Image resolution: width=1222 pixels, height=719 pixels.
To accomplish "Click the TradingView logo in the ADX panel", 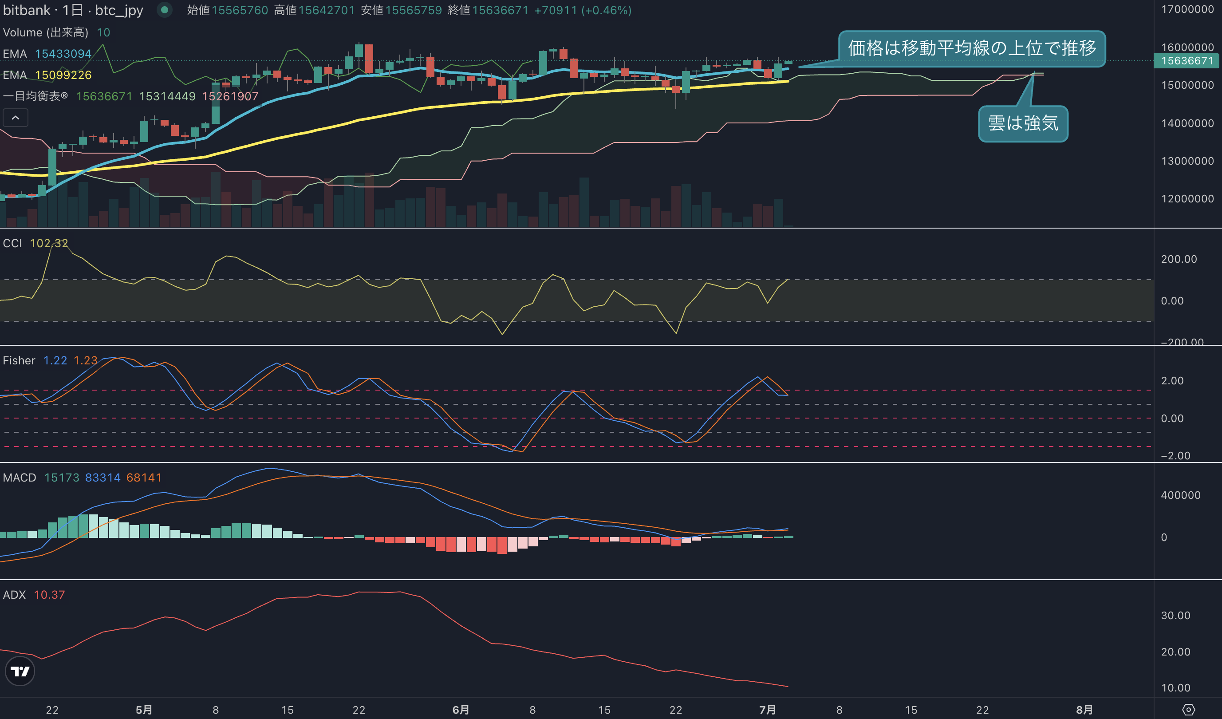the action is pyautogui.click(x=20, y=671).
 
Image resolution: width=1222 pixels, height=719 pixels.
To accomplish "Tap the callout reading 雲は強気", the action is pyautogui.click(x=1023, y=124).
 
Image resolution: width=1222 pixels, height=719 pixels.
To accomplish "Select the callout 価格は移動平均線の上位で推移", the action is pyautogui.click(x=972, y=48).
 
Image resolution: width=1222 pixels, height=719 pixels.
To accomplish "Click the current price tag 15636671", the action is pyautogui.click(x=1187, y=61).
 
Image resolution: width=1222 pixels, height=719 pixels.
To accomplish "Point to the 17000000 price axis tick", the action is pyautogui.click(x=1187, y=9).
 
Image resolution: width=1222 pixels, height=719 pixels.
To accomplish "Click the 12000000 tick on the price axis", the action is pyautogui.click(x=1187, y=198).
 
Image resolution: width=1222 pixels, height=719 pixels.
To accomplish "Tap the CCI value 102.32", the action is pyautogui.click(x=49, y=243).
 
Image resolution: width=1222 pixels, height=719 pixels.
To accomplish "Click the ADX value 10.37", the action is pyautogui.click(x=49, y=594).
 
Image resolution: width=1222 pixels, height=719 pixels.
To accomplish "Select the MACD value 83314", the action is pyautogui.click(x=103, y=478).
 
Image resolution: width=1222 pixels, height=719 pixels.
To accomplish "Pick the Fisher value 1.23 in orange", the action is pyautogui.click(x=85, y=360).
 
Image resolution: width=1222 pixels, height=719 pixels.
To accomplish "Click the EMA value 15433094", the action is pyautogui.click(x=63, y=54).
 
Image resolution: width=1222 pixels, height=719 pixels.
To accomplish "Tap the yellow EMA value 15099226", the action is pyautogui.click(x=63, y=75).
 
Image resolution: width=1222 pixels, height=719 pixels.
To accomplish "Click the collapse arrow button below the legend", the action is pyautogui.click(x=16, y=118).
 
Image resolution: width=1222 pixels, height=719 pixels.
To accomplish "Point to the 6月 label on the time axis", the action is pyautogui.click(x=461, y=710).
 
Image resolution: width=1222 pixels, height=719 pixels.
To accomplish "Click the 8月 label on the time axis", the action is pyautogui.click(x=1084, y=710).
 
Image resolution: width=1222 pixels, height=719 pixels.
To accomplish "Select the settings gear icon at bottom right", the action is pyautogui.click(x=1189, y=710).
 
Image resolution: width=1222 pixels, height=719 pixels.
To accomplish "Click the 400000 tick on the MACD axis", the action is pyautogui.click(x=1181, y=495).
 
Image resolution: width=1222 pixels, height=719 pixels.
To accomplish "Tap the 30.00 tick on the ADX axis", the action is pyautogui.click(x=1175, y=615).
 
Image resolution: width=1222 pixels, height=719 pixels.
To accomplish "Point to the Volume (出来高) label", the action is pyautogui.click(x=46, y=32).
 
